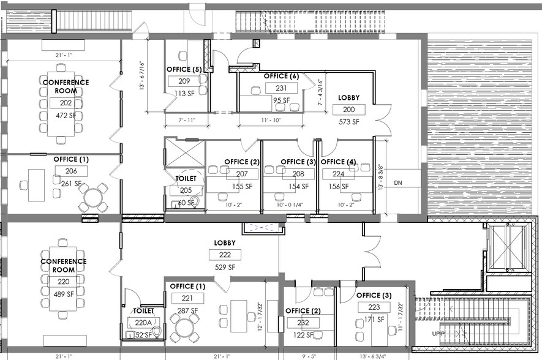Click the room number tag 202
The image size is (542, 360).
[66, 103]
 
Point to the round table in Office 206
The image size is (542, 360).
[93, 198]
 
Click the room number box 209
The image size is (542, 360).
[184, 81]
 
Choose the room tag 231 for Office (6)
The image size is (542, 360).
[282, 88]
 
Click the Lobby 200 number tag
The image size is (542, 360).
[348, 110]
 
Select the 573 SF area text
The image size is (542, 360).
[348, 122]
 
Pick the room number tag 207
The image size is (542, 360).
[241, 174]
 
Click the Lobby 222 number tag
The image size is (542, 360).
[225, 255]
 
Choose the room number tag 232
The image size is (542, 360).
[303, 323]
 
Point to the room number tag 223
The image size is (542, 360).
[374, 308]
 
